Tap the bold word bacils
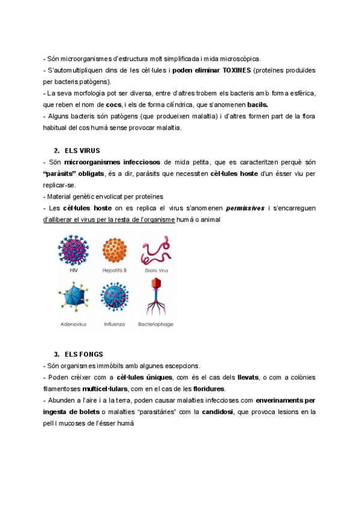pos(257,104)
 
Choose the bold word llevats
pos(248,377)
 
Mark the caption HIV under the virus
pos(74,271)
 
